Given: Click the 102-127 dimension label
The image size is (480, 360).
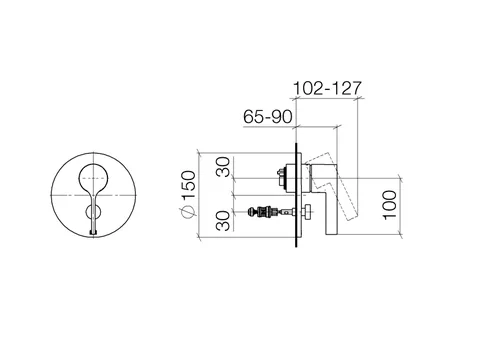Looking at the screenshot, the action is point(327,88).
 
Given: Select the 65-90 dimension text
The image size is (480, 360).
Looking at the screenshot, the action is point(268,117).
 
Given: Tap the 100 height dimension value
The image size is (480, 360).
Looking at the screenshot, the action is point(390,205).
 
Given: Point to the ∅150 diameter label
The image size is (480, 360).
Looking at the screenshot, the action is point(189,194).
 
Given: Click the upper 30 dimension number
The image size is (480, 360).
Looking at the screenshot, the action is point(223,167).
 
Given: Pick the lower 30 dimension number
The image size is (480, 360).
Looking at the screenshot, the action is point(223,221).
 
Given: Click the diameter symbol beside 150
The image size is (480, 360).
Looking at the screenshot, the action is point(189,212).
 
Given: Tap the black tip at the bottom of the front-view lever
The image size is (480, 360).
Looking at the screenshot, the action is point(93,233).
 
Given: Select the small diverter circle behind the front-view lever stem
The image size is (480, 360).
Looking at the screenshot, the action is point(93,212).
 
